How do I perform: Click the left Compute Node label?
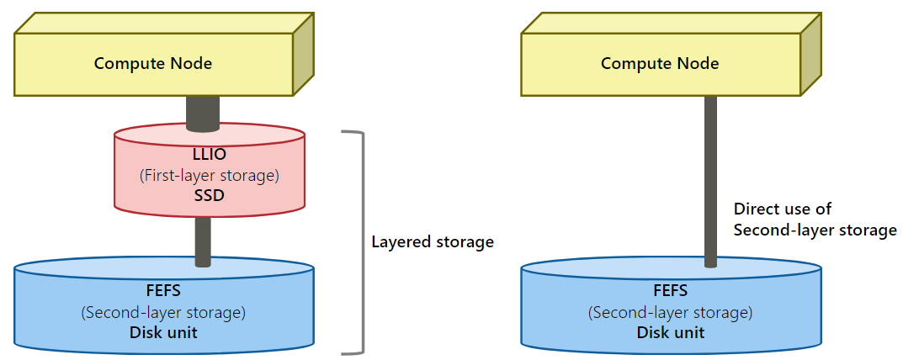152,63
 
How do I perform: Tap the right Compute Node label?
660,63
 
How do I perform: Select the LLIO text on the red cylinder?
209,154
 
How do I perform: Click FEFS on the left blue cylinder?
163,291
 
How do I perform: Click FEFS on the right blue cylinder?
671,291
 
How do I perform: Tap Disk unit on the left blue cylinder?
163,332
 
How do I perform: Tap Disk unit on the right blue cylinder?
671,332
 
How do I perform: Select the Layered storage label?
433,242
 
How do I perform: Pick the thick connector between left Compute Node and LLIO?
203,113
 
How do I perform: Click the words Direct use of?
783,209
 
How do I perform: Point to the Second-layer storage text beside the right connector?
815,230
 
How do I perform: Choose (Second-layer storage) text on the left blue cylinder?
163,312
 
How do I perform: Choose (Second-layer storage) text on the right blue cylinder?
671,312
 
